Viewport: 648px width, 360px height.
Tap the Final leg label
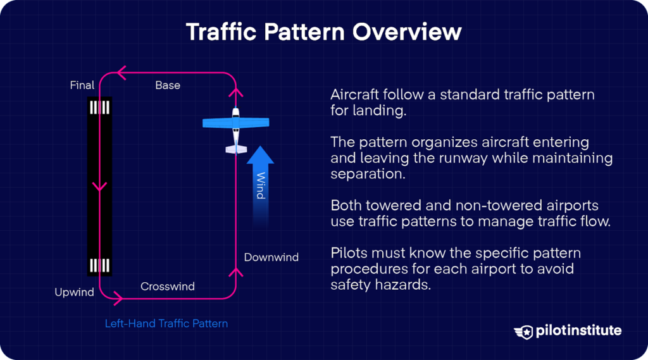point(82,85)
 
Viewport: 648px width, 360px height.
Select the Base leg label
point(168,85)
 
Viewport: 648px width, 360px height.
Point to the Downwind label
point(271,258)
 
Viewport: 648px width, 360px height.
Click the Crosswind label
point(168,287)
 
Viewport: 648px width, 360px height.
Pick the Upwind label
point(74,292)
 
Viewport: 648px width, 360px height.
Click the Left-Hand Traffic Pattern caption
point(166,323)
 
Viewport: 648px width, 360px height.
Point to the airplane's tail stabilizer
point(235,149)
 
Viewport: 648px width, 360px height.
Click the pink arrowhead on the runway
point(99,187)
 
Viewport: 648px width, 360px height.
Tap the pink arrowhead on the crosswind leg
point(117,295)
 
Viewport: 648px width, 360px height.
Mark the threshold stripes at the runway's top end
point(100,108)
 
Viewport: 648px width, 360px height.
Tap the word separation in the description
point(368,173)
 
